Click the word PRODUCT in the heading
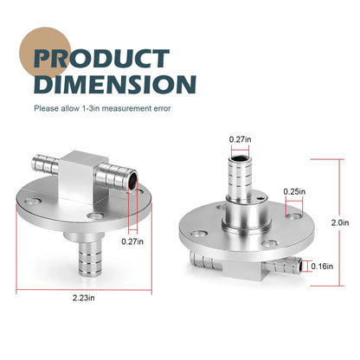101,59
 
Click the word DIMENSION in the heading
115,84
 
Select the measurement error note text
102,108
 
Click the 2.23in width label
83,298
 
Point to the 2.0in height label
340,222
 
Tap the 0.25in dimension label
294,191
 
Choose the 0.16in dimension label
322,267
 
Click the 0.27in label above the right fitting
240,139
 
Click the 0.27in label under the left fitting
132,241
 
